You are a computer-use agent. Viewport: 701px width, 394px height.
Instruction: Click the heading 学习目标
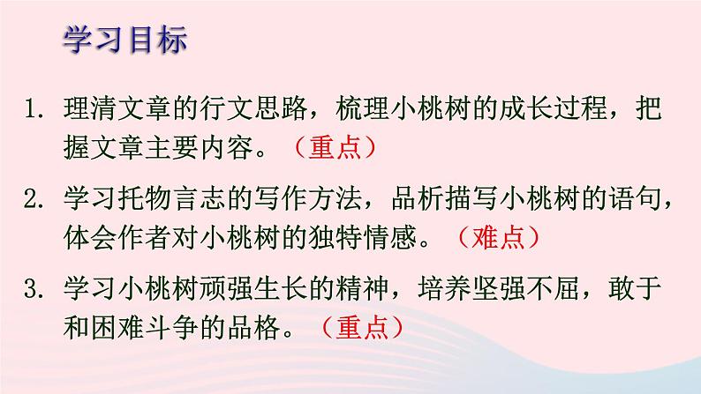tap(125, 41)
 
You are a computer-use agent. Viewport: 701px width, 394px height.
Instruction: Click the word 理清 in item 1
tap(85, 110)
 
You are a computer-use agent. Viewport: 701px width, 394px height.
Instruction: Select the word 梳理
tap(335, 110)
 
